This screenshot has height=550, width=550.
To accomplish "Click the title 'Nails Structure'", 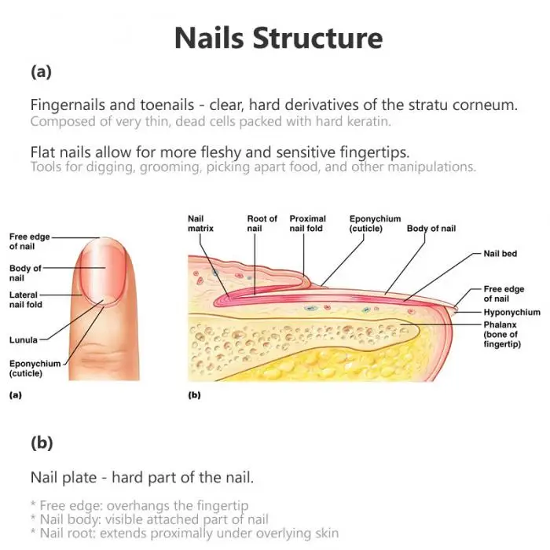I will pyautogui.click(x=278, y=38).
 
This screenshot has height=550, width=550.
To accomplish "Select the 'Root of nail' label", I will pyautogui.click(x=262, y=223).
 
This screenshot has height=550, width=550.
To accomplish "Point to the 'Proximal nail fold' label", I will pyautogui.click(x=308, y=223).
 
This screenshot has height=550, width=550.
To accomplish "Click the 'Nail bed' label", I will pyautogui.click(x=500, y=254).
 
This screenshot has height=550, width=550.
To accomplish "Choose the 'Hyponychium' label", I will pyautogui.click(x=510, y=312).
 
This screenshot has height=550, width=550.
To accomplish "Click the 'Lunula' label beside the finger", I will pyautogui.click(x=23, y=339).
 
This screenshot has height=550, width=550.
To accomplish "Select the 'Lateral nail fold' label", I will pyautogui.click(x=26, y=299).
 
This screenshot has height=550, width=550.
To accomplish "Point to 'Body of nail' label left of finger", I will pyautogui.click(x=25, y=273).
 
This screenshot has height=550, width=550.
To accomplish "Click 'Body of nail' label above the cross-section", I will pyautogui.click(x=431, y=229).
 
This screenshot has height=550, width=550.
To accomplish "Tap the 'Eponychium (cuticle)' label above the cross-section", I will pyautogui.click(x=375, y=224).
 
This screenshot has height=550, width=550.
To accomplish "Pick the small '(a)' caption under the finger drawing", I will pyautogui.click(x=14, y=396).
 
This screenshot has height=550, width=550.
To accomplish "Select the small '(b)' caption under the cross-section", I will pyautogui.click(x=194, y=396).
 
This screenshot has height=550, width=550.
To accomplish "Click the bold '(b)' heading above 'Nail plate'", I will pyautogui.click(x=41, y=442).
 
